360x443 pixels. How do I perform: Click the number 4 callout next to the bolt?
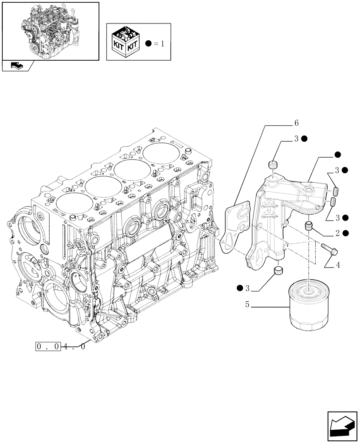coord(338,266)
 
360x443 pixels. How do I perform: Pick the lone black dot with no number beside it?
coord(337,155)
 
